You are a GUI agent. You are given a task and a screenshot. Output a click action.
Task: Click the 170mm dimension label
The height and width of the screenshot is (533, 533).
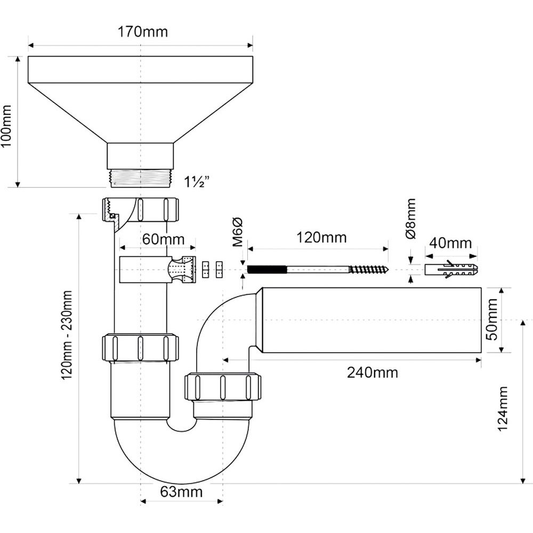coord(142,31)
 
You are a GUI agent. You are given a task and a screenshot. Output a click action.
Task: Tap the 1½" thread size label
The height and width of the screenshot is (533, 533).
coord(196,182)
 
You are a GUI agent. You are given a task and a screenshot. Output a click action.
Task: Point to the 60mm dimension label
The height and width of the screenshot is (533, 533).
coord(163,239)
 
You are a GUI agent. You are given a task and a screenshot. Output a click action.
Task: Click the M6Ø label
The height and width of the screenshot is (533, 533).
coord(238,232)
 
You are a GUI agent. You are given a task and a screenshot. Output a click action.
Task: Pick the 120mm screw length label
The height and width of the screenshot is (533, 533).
coord(321,237)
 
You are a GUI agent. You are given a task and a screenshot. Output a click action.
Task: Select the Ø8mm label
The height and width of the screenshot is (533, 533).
coord(410,219)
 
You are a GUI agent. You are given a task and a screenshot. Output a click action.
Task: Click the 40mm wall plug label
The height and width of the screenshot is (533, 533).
coord(450,243)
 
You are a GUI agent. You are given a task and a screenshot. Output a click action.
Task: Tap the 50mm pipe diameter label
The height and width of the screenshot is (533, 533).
coord(492,319)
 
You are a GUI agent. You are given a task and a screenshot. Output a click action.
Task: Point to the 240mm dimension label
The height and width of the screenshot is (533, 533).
coord(372,373)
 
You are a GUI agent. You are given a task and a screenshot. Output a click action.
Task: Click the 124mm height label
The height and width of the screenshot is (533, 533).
coord(503,409)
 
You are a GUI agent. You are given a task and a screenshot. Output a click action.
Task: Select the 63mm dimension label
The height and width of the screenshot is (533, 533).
coord(181,491)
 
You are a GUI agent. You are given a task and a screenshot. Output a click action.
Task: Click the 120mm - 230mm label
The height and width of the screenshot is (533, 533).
coord(67,335)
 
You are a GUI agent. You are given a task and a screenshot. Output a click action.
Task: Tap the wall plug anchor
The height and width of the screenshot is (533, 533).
coord(451,270)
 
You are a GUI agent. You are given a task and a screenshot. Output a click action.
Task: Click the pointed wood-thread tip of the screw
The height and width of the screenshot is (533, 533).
coord(387,270)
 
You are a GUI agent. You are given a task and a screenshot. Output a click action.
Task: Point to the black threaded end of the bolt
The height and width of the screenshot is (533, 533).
coord(267,270)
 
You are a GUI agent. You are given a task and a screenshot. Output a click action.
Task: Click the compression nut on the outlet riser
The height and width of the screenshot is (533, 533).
coord(223,387)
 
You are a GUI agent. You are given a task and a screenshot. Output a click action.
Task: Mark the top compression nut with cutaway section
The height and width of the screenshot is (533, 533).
coord(140,210)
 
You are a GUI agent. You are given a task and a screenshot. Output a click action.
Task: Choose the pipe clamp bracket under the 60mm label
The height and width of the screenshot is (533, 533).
coord(158,270)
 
